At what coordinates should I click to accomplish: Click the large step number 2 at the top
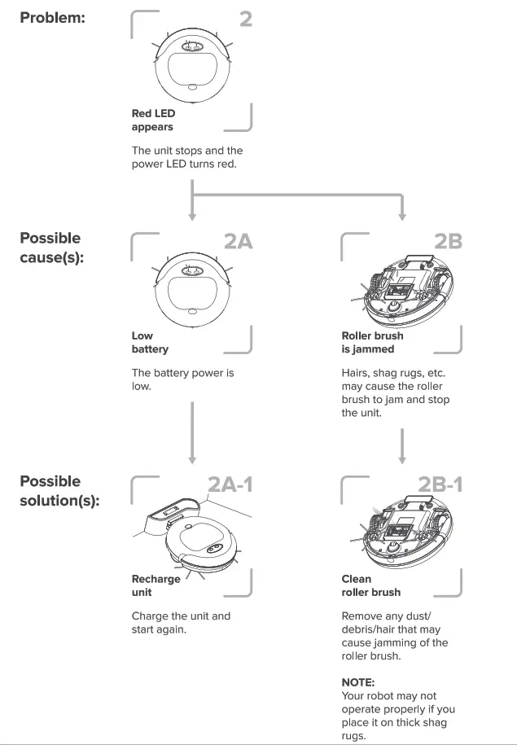(x=245, y=19)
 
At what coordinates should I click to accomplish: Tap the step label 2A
(x=239, y=241)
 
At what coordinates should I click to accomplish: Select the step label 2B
(x=448, y=241)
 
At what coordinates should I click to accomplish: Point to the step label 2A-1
(x=230, y=484)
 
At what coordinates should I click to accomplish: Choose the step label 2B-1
(x=440, y=484)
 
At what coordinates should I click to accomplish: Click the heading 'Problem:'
(x=52, y=18)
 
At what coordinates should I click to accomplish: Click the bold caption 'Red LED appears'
(x=153, y=121)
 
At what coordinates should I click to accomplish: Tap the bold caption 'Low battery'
(x=150, y=342)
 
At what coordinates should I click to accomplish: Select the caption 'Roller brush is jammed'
(x=372, y=342)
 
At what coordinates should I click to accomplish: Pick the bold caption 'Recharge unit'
(x=156, y=585)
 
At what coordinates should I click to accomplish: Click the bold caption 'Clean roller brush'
(x=370, y=585)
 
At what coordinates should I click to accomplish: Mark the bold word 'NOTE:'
(x=358, y=682)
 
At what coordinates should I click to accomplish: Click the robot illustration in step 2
(x=191, y=65)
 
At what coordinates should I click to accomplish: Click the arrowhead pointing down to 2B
(x=402, y=216)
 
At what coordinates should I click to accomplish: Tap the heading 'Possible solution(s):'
(x=59, y=491)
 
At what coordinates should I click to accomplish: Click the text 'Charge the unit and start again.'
(x=181, y=623)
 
